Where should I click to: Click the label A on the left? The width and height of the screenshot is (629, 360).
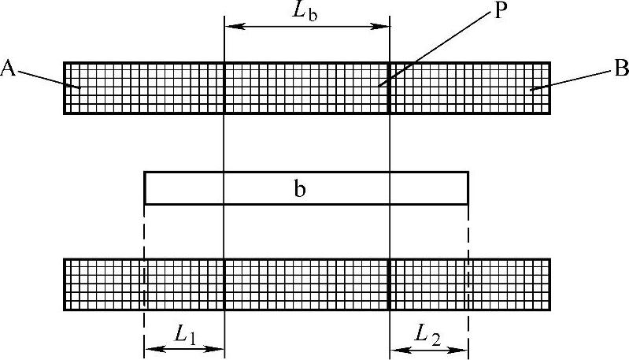point(9,69)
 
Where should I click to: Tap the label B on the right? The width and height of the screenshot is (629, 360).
point(621,69)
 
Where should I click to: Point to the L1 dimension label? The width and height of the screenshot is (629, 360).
point(185,335)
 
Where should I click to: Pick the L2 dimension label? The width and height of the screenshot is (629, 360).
point(430,335)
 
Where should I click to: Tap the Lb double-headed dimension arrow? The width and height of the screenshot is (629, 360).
point(307,27)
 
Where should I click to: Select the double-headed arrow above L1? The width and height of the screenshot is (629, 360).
point(184,347)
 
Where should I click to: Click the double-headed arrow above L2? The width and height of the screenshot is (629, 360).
point(429,347)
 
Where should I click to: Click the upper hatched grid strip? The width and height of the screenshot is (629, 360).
point(307,87)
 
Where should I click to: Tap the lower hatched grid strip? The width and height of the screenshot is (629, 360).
point(307,284)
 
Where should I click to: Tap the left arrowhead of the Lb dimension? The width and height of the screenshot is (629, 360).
point(230,27)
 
